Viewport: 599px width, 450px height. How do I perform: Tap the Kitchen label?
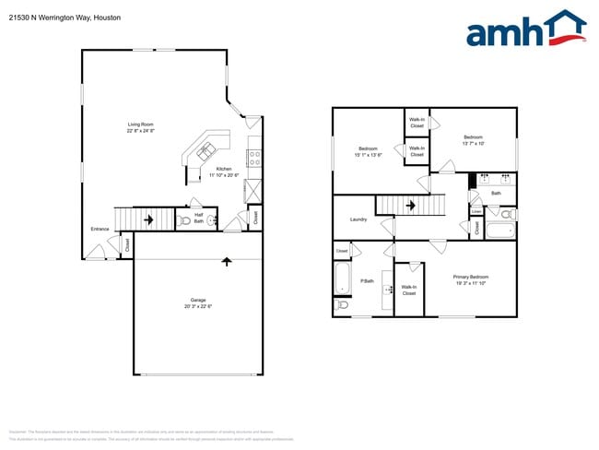(x=224, y=169)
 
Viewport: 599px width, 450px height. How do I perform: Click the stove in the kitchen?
(x=254, y=156)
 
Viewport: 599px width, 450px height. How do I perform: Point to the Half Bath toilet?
(x=186, y=221)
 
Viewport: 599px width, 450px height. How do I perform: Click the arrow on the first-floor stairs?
(x=147, y=219)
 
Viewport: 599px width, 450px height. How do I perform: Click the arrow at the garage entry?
(x=227, y=262)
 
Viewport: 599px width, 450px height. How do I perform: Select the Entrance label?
(x=100, y=229)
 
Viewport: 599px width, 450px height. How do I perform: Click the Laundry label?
(x=359, y=219)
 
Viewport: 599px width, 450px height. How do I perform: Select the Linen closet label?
(x=476, y=210)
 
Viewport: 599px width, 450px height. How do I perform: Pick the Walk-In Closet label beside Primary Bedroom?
(x=409, y=290)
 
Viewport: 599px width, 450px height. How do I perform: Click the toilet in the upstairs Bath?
(x=505, y=215)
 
